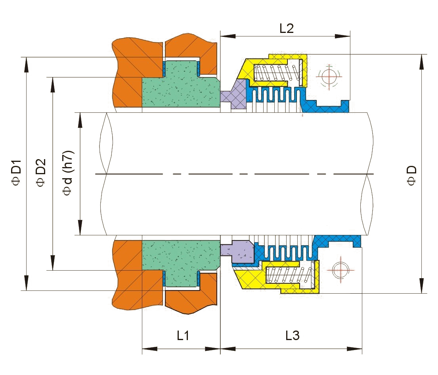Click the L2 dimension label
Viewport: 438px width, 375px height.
[x=287, y=28]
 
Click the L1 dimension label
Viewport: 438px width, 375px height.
[x=183, y=335]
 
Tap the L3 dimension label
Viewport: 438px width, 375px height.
[x=293, y=335]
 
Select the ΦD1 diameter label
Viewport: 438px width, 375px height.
[x=16, y=173]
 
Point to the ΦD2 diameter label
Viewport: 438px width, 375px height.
[x=40, y=173]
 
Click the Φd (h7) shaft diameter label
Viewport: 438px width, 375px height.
[x=68, y=173]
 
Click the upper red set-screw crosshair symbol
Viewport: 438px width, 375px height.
[x=329, y=76]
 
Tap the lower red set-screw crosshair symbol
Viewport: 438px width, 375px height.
[x=341, y=270]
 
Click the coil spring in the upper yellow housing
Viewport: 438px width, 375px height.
[x=277, y=73]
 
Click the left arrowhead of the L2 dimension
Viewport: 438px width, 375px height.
[x=228, y=36]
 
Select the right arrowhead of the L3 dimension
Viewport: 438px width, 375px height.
[x=354, y=349]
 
